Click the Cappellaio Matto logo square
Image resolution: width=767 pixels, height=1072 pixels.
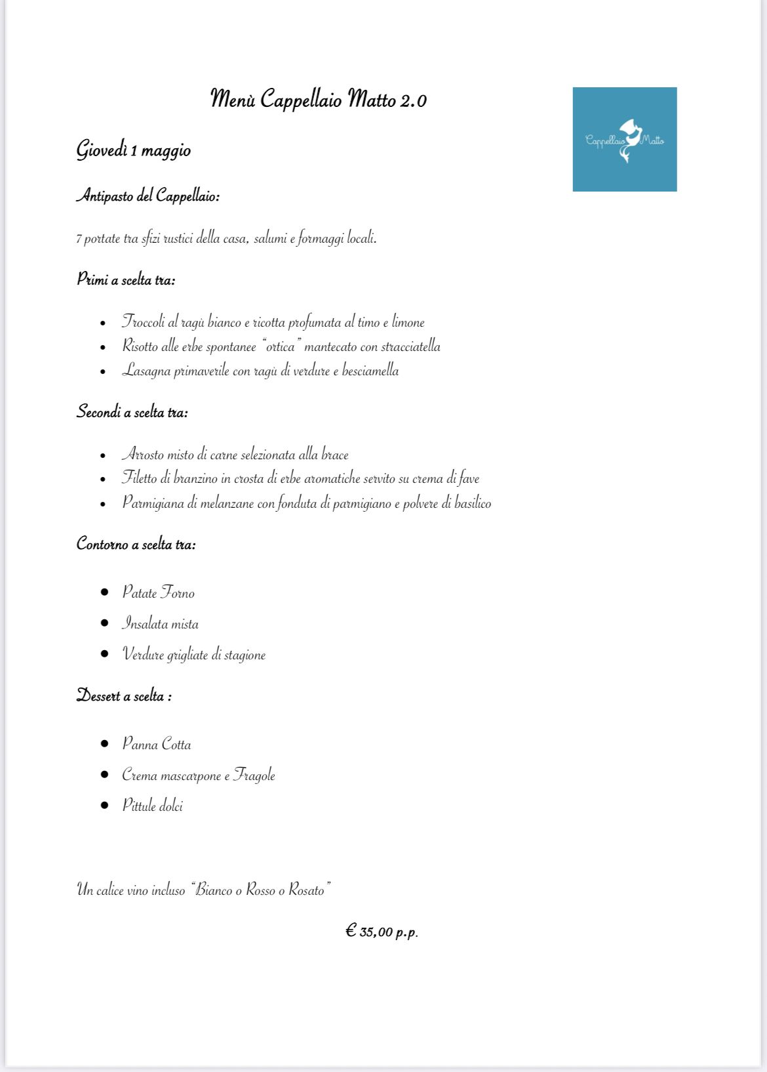coord(624,139)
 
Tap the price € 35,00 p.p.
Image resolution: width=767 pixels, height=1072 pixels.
coord(382,931)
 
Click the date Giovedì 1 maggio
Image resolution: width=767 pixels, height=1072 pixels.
coord(134,150)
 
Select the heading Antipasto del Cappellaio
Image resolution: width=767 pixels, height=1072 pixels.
coord(148,196)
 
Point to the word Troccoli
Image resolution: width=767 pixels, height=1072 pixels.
coord(144,322)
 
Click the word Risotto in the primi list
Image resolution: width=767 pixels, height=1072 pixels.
coord(140,346)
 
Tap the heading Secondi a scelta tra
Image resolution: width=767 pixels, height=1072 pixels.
coord(132,412)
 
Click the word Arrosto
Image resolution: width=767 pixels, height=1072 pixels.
coord(142,455)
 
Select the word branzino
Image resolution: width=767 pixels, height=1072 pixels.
coord(195,479)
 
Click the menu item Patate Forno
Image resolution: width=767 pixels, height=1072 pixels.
coord(158,592)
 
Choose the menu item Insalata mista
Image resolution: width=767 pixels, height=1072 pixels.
coord(160,623)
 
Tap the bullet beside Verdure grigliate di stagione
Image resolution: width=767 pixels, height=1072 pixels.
coord(104,653)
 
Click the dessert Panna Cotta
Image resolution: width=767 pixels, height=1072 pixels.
coord(157,744)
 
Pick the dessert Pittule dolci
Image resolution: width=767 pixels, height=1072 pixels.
coord(153,806)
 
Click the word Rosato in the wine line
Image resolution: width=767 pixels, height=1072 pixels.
coord(306,890)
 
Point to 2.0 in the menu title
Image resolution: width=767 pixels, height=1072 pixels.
coord(413,100)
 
